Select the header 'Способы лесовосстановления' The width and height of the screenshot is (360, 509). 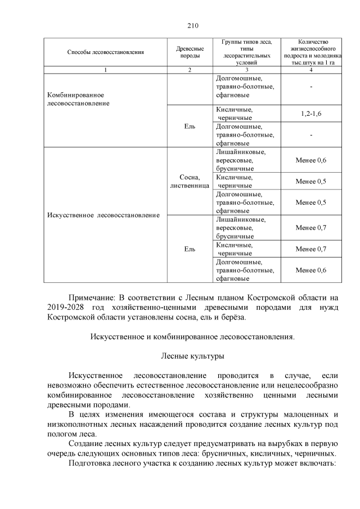point(106,52)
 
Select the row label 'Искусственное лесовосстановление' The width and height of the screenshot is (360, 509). point(103,215)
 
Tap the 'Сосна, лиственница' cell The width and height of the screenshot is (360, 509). point(190,181)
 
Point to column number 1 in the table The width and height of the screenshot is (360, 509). point(106,70)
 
